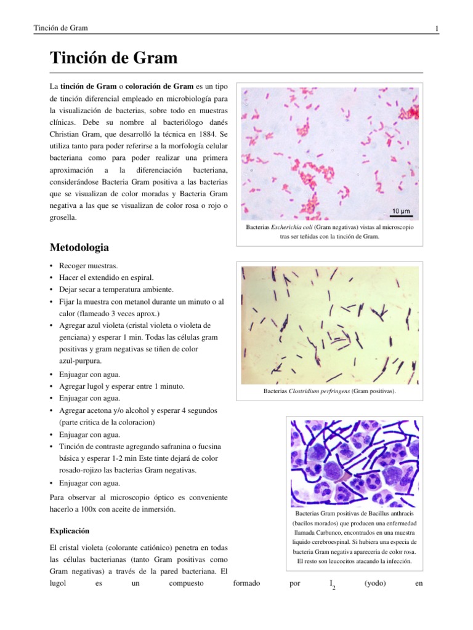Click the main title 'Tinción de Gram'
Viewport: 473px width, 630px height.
(x=113, y=58)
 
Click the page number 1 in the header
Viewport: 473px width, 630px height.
(x=436, y=28)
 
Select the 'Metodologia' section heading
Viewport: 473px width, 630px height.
(x=79, y=248)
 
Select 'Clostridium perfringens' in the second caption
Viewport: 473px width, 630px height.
(x=320, y=391)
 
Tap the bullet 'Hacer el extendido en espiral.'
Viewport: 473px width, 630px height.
(x=107, y=277)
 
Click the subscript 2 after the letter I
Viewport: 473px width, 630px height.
(x=333, y=588)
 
